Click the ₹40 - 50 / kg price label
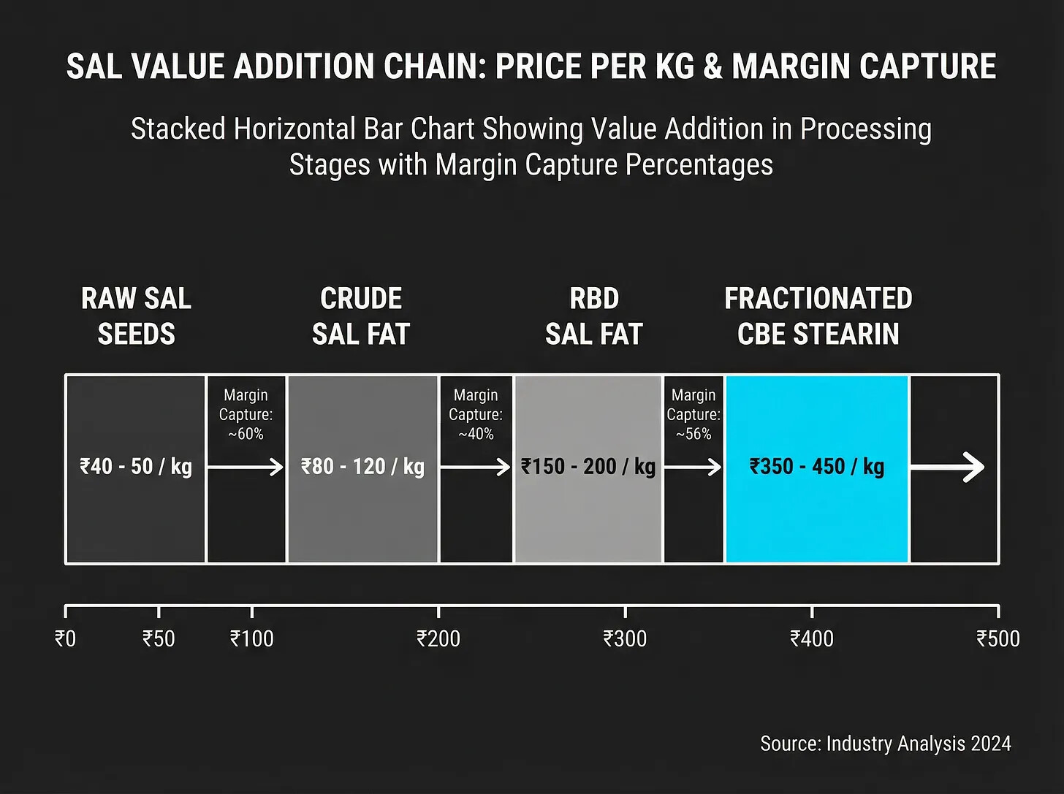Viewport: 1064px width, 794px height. click(136, 467)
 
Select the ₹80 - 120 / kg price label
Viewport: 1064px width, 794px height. click(362, 467)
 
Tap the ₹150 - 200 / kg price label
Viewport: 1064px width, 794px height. click(588, 467)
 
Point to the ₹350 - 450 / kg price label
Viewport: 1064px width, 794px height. click(817, 467)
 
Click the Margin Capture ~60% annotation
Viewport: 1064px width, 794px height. click(246, 414)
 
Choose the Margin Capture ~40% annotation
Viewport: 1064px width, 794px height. click(476, 414)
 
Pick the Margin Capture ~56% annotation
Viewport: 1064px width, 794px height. click(693, 414)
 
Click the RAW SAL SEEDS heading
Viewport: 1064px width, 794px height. click(136, 316)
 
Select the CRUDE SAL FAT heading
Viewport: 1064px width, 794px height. click(361, 316)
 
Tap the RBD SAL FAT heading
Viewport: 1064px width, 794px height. click(594, 316)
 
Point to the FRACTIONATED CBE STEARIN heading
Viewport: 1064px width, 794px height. click(818, 316)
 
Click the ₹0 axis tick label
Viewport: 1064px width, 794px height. click(65, 639)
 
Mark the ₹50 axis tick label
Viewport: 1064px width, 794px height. click(159, 639)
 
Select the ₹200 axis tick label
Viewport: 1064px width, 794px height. click(438, 639)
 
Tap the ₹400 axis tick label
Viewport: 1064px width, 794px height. click(812, 639)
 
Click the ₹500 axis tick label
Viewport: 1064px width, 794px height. click(998, 639)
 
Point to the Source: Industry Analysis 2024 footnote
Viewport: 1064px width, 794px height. click(886, 744)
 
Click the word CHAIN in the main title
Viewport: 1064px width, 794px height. click(435, 66)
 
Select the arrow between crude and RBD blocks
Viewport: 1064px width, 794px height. click(476, 467)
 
